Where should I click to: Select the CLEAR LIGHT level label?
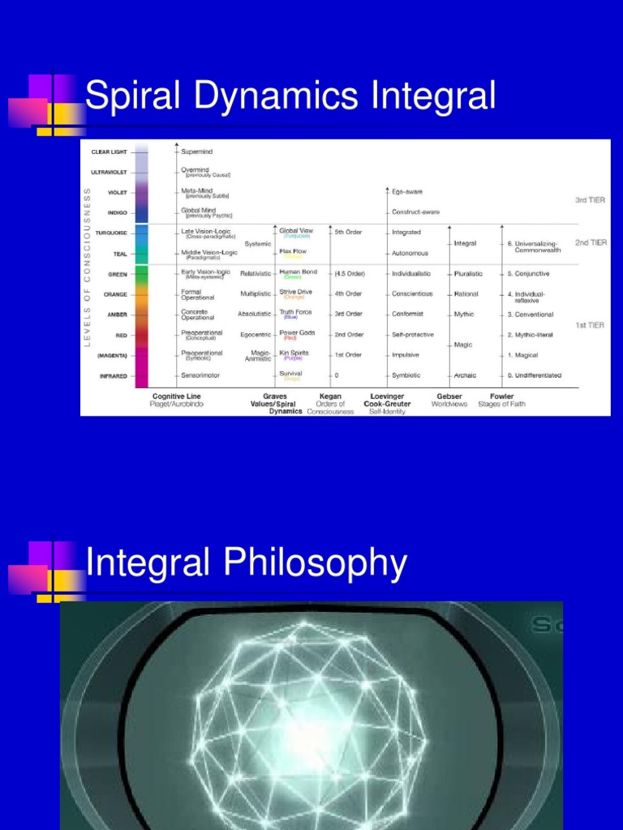click(110, 152)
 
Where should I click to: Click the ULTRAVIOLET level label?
click(108, 172)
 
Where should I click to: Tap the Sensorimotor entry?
click(200, 375)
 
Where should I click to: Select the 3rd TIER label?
click(591, 199)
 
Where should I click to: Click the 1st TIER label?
click(591, 325)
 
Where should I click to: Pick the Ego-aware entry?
click(407, 192)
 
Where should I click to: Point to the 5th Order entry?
click(349, 233)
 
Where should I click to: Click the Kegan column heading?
click(330, 396)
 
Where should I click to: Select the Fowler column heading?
click(501, 396)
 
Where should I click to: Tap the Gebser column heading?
click(449, 396)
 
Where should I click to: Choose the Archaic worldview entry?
click(465, 375)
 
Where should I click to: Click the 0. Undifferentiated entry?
click(534, 375)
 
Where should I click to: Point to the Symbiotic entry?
click(406, 375)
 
